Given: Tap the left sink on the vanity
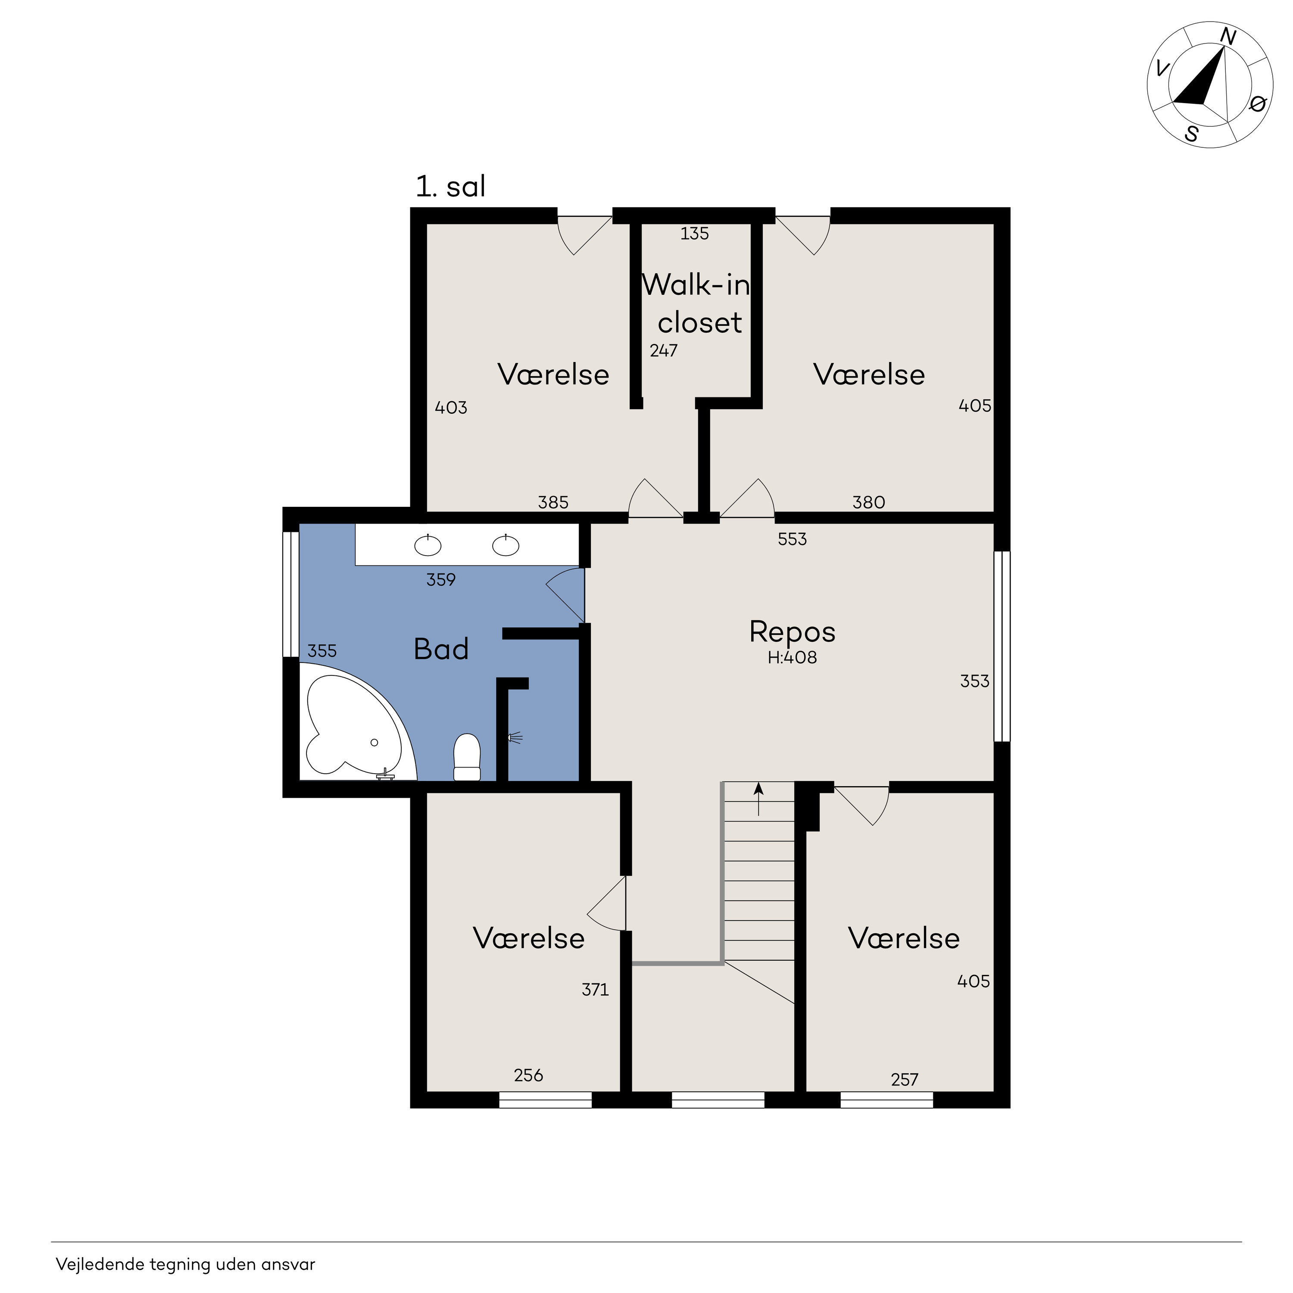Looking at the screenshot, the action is point(428,546).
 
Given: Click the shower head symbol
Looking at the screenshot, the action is point(515,738).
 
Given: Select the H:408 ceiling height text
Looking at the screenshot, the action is point(793,657).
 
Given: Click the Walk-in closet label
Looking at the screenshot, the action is point(696,304).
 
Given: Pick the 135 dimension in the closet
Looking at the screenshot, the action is point(695,234).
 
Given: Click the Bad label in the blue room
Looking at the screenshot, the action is point(441,649).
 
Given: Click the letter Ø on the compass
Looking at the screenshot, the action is point(1258,104).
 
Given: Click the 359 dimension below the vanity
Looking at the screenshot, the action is point(441,580).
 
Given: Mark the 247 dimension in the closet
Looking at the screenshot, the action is point(664,351).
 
